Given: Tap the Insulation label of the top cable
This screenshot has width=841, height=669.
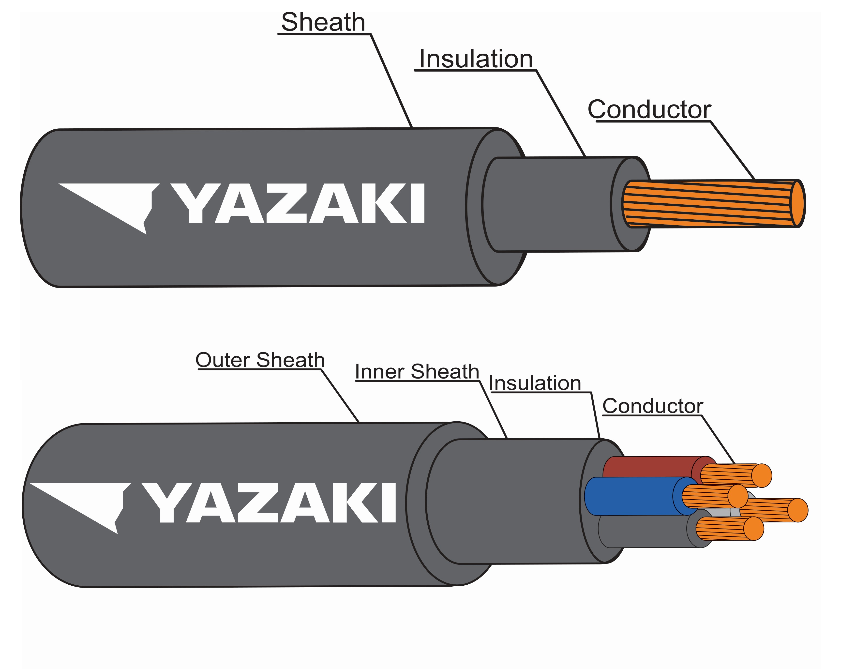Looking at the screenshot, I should click(x=476, y=59).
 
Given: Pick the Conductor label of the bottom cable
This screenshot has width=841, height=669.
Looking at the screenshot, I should click(x=653, y=406).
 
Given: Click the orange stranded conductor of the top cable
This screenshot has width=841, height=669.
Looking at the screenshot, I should click(x=706, y=203).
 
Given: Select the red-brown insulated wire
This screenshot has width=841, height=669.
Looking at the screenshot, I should click(x=647, y=467).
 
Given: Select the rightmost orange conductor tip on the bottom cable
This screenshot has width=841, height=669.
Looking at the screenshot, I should click(x=797, y=510).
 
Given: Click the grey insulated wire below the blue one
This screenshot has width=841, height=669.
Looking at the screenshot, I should click(x=644, y=531).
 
